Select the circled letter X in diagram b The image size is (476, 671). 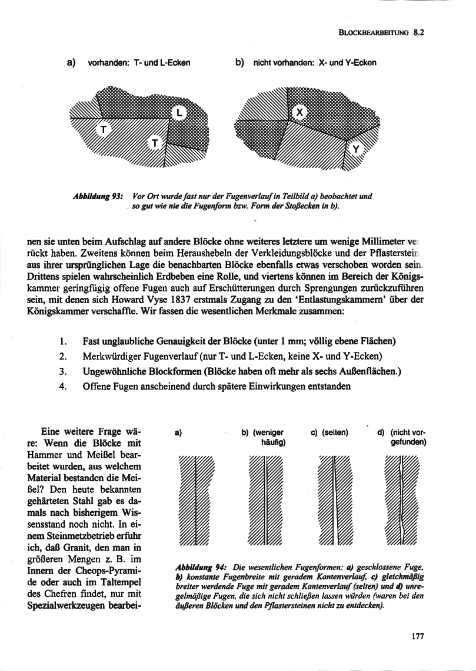299,112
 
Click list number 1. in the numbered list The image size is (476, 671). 63,341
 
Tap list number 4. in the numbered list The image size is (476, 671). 63,386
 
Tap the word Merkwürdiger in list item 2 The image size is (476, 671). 112,356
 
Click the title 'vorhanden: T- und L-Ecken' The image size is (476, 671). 138,63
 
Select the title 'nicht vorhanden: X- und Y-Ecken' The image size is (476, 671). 314,63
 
